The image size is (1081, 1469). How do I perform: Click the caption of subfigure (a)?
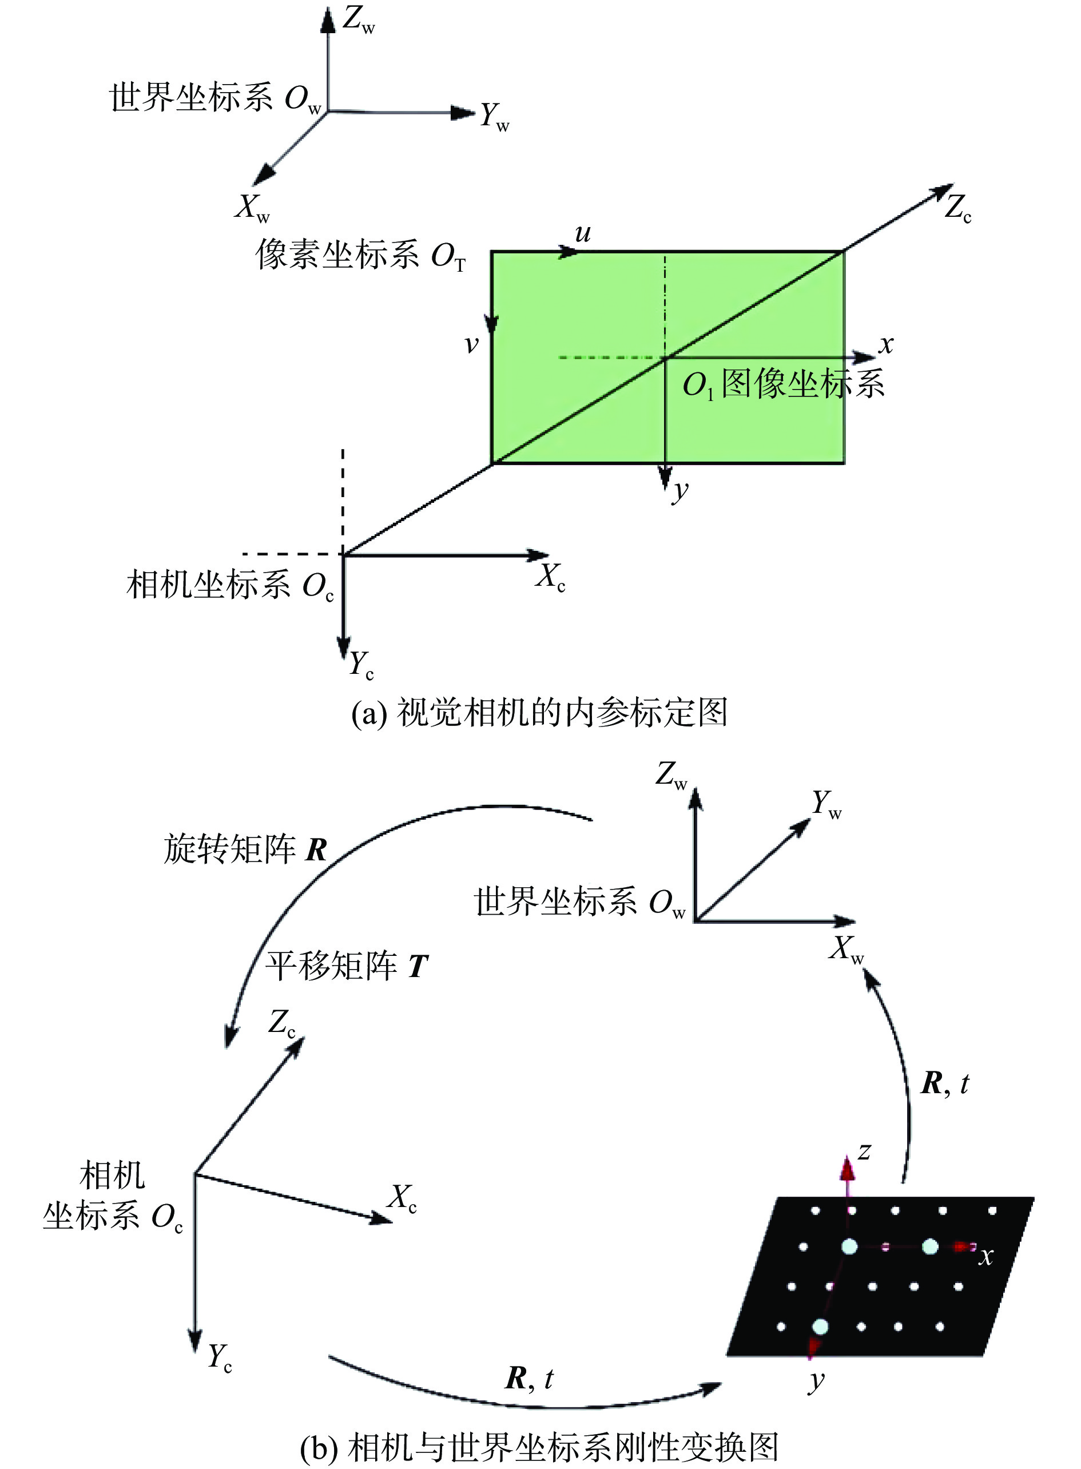[540, 713]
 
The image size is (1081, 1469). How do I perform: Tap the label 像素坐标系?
[337, 254]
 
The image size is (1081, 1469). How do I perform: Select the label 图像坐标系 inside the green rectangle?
[803, 383]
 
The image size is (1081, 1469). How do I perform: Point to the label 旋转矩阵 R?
[245, 849]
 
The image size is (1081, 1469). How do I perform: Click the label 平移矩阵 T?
[347, 966]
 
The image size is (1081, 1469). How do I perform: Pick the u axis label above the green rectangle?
[583, 233]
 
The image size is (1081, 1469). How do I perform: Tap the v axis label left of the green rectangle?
[471, 344]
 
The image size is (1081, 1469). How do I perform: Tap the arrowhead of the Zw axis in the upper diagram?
[328, 19]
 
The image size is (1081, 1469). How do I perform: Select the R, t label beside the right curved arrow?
[945, 1083]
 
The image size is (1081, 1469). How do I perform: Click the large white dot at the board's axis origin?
[849, 1246]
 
